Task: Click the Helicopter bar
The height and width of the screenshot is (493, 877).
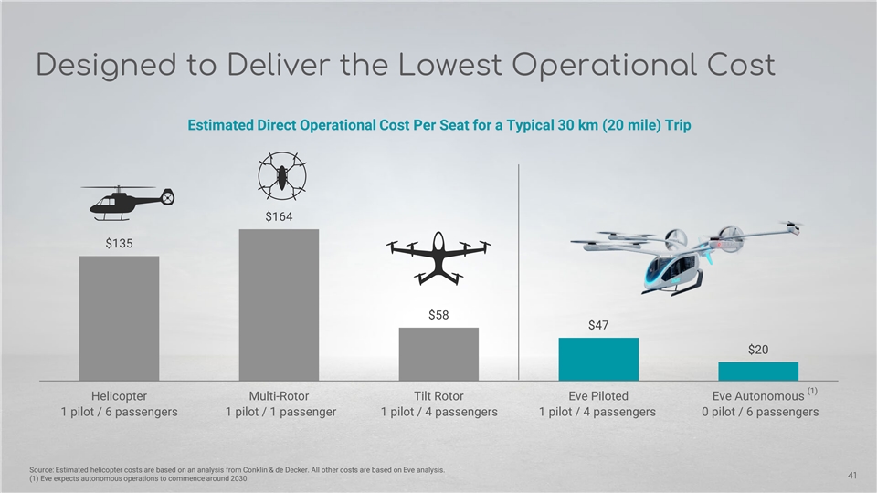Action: tap(119, 318)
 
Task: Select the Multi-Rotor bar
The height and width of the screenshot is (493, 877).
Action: tap(279, 304)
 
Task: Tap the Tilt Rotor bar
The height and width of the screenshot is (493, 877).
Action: tap(438, 353)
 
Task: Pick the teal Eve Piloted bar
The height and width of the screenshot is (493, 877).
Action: tap(598, 359)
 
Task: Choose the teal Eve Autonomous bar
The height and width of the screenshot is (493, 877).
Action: tap(758, 371)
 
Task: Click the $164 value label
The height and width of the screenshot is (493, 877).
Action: tap(279, 216)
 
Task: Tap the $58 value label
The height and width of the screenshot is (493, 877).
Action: tap(438, 315)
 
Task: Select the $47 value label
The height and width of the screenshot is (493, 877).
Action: tap(598, 325)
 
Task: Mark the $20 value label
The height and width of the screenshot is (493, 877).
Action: tap(758, 349)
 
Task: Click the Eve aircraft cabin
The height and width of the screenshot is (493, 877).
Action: tap(674, 267)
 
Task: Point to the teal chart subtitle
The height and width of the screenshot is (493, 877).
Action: tap(438, 125)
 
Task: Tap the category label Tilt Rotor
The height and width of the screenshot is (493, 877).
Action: tap(438, 396)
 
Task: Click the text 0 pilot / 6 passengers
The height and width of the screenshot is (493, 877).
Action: tap(758, 412)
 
